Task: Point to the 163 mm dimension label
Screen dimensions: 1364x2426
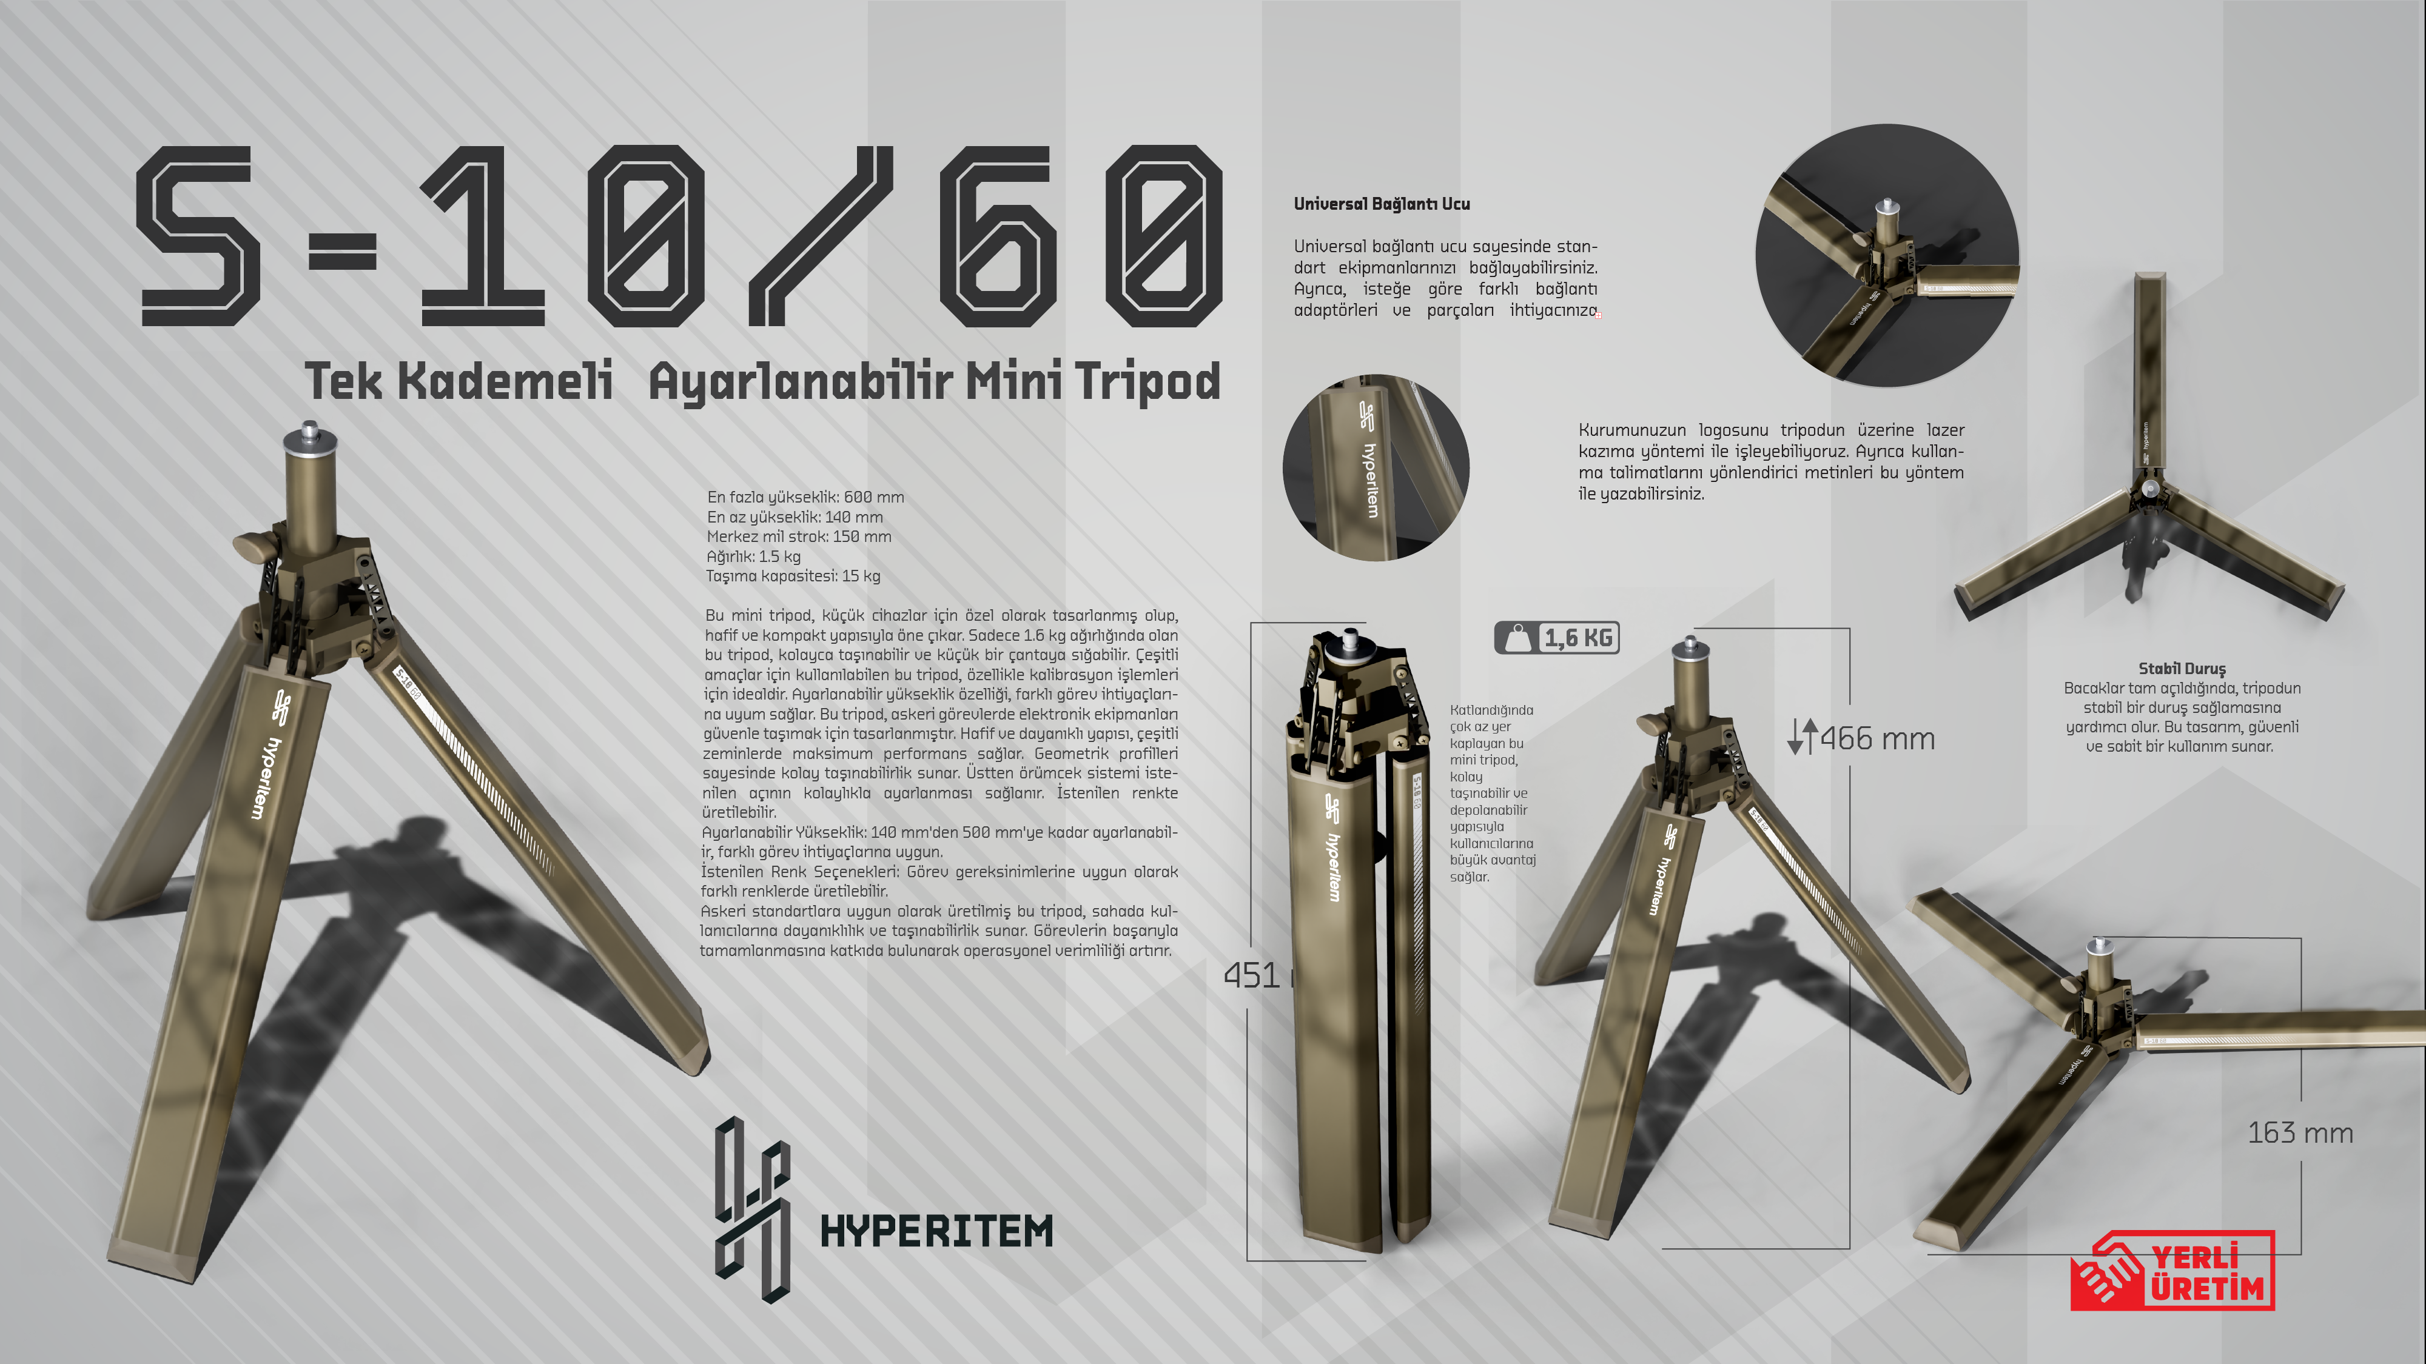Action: pyautogui.click(x=2300, y=1132)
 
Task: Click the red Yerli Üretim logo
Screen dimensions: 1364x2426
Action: pyautogui.click(x=2172, y=1271)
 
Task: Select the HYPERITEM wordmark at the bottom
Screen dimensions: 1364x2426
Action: pyautogui.click(x=936, y=1231)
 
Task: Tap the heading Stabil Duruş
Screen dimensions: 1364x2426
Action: pyautogui.click(x=2181, y=668)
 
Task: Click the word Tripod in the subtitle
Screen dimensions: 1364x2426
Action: pyautogui.click(x=1147, y=382)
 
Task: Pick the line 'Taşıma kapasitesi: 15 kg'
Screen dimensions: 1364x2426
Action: pyautogui.click(x=793, y=576)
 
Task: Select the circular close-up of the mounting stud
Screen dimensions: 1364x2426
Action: pyautogui.click(x=1886, y=255)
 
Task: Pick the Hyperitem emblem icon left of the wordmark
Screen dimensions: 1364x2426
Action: pyautogui.click(x=751, y=1209)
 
